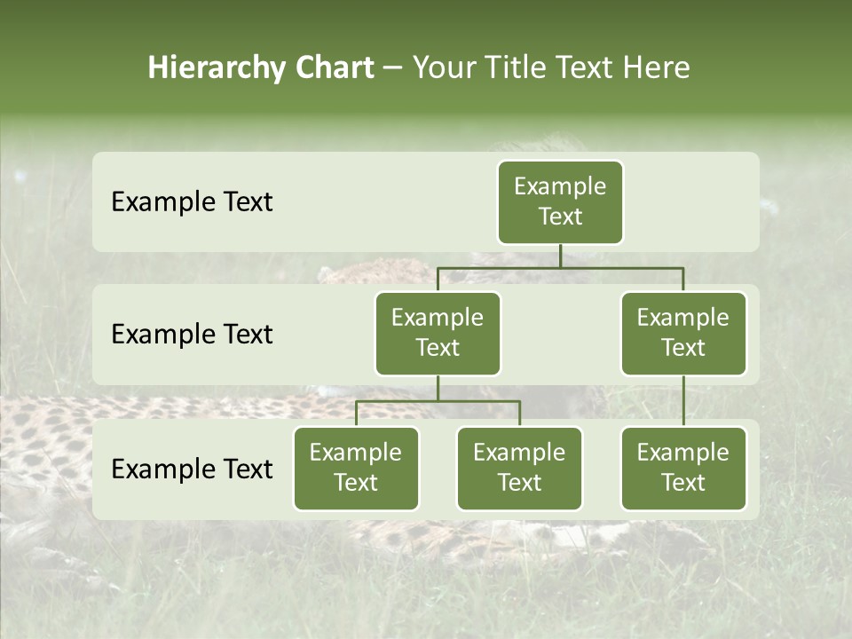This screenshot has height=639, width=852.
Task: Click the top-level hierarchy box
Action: click(560, 201)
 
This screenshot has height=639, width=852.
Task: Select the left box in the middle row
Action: click(438, 333)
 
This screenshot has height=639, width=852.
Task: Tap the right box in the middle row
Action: click(683, 333)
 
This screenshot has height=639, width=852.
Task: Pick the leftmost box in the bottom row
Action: click(356, 468)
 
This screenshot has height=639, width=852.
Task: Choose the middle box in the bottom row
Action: click(519, 468)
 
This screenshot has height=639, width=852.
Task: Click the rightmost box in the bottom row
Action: click(683, 468)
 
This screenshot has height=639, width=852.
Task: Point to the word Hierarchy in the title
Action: click(216, 67)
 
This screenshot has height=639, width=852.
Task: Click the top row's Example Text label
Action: click(192, 202)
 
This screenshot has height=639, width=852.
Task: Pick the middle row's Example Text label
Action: click(192, 335)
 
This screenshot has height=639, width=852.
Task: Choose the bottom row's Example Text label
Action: click(192, 469)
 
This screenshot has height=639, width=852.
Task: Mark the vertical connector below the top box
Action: click(560, 256)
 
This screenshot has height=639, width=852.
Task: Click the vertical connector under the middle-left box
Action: click(438, 389)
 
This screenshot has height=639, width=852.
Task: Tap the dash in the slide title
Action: click(393, 68)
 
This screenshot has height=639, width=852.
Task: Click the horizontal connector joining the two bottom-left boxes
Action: click(438, 401)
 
